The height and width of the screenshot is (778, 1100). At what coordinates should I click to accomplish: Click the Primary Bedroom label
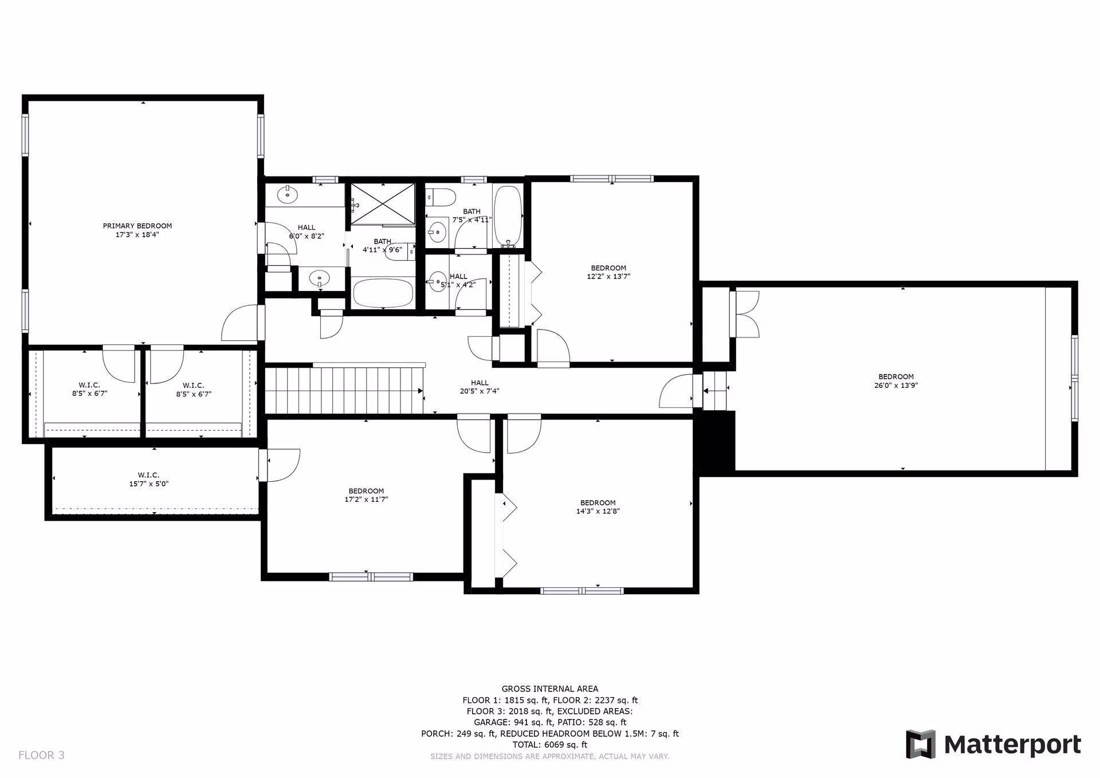[137, 226]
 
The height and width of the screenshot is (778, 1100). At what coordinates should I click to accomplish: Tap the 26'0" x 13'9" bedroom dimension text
[895, 386]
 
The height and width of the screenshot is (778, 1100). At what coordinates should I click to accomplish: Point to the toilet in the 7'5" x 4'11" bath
[441, 197]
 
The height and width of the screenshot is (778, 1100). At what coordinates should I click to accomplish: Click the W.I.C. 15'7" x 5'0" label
[148, 479]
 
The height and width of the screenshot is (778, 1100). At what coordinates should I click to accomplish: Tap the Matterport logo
[993, 745]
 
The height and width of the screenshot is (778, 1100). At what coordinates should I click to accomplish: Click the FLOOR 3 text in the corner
[41, 755]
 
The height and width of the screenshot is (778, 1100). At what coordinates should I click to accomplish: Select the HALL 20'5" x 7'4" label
[480, 387]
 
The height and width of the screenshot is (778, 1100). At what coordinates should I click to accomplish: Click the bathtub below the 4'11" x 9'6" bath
[383, 293]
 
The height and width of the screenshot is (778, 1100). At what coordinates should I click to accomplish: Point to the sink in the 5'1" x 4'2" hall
[439, 282]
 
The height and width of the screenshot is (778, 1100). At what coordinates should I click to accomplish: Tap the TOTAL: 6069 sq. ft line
[549, 745]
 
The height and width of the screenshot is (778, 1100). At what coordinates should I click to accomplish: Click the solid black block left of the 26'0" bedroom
[714, 442]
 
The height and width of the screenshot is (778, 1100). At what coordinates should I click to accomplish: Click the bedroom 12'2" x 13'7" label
[608, 272]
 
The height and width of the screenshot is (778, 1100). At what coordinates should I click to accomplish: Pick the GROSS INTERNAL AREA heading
[549, 689]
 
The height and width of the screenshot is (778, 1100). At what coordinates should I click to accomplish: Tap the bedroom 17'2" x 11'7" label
[366, 495]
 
